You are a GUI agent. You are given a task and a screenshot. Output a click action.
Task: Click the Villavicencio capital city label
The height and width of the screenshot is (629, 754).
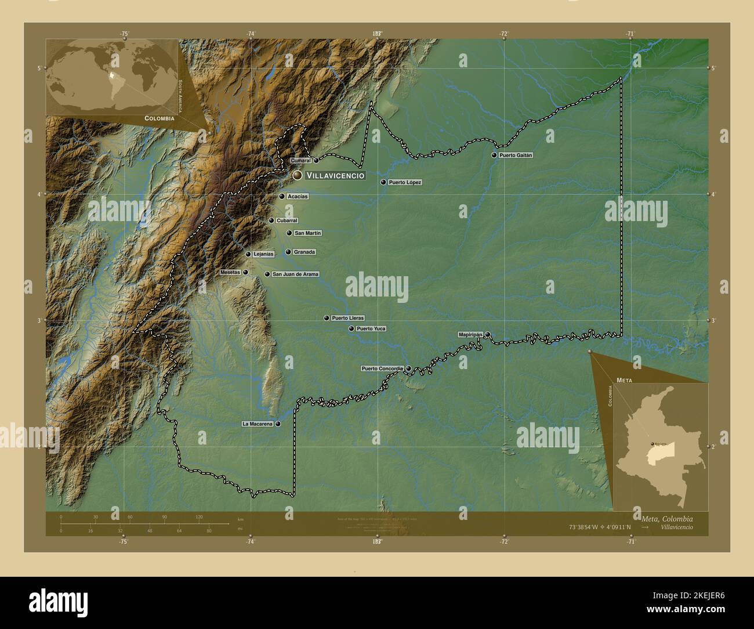pos(335,175)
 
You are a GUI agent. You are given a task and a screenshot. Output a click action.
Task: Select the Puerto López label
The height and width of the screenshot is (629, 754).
pos(405,182)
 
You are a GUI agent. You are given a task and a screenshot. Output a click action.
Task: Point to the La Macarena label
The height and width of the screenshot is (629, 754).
pos(257,424)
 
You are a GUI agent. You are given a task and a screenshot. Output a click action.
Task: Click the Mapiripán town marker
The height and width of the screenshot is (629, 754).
pos(488,335)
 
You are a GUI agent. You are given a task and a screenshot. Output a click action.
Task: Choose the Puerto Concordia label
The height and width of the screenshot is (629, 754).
pos(382,368)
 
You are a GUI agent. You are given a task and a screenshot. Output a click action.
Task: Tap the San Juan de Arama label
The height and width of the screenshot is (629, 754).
pos(295,274)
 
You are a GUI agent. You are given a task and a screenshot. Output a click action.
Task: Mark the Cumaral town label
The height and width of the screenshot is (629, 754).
pos(301,160)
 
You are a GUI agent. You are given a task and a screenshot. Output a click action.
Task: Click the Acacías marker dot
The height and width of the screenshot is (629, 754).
pos(282,197)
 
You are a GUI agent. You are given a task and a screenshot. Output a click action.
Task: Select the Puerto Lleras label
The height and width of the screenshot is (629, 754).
pos(347,318)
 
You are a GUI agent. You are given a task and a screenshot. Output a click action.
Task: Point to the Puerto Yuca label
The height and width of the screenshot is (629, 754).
pos(371,329)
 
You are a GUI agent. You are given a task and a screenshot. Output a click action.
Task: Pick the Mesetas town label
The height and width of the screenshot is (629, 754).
pos(230,272)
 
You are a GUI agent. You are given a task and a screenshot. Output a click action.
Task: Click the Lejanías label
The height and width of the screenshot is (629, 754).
pos(263,254)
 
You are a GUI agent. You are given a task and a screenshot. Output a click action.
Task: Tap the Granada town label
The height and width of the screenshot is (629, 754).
pos(304,252)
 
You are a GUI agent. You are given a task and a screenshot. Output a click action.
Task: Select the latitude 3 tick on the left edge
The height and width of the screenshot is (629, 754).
pos(39,320)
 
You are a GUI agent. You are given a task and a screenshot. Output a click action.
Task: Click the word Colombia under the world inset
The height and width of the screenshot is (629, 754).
pos(159,118)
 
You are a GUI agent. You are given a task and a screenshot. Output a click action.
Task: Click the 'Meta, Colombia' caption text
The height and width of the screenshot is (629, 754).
pos(667,519)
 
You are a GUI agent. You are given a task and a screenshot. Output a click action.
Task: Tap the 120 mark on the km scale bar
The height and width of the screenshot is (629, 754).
pos(199,517)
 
